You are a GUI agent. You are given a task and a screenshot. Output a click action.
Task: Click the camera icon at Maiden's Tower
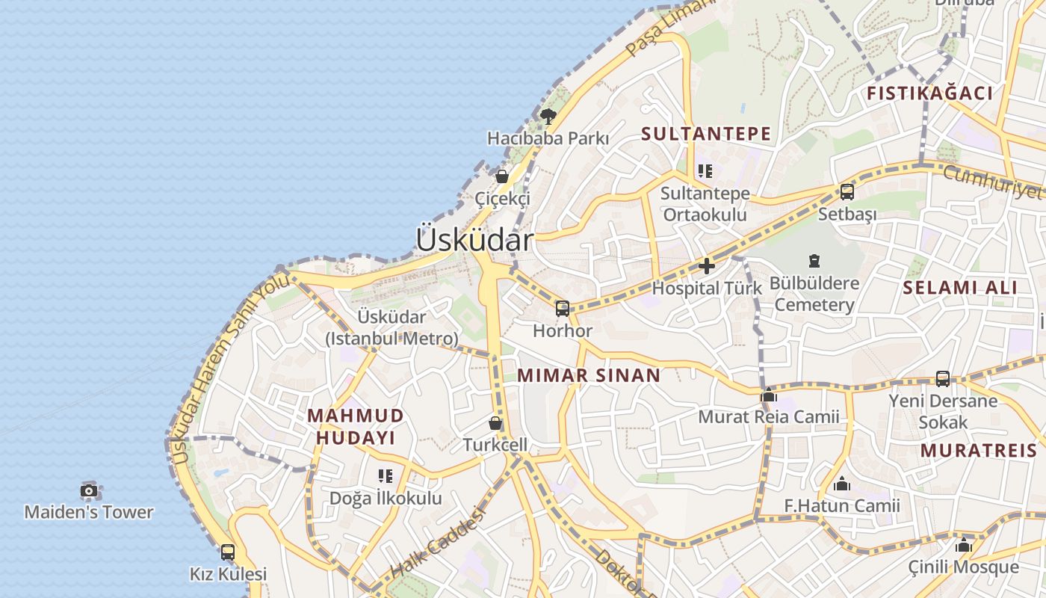click(89, 491)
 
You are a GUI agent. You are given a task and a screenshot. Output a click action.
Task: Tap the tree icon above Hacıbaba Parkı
click(548, 116)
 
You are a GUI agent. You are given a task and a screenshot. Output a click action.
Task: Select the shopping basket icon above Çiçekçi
click(502, 176)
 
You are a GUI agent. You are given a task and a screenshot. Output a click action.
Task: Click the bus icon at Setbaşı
click(847, 192)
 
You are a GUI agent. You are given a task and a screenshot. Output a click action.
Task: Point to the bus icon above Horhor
click(563, 308)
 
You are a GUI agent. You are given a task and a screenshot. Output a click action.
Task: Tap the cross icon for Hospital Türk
click(706, 265)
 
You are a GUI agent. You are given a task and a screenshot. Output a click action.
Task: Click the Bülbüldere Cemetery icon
click(814, 261)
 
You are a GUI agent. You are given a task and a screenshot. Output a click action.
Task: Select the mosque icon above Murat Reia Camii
click(768, 395)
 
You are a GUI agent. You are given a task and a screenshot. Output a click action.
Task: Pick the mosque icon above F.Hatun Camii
click(842, 484)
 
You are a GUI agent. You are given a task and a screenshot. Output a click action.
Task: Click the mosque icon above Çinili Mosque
click(963, 545)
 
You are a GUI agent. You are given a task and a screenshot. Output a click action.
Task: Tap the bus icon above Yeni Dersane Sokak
click(943, 379)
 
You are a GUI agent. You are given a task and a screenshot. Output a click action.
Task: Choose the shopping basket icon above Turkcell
click(495, 423)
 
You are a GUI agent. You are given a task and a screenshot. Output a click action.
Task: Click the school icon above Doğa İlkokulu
click(386, 476)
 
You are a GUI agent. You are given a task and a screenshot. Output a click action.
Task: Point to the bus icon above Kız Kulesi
click(228, 552)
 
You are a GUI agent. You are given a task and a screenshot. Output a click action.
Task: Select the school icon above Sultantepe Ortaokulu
click(705, 171)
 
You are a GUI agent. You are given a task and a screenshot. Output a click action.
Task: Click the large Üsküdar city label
click(474, 240)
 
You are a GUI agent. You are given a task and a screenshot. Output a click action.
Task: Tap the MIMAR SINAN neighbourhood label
click(589, 375)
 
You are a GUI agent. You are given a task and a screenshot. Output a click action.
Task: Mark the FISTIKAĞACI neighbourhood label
click(929, 93)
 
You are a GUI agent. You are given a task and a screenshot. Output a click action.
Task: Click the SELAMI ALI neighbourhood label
click(959, 288)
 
